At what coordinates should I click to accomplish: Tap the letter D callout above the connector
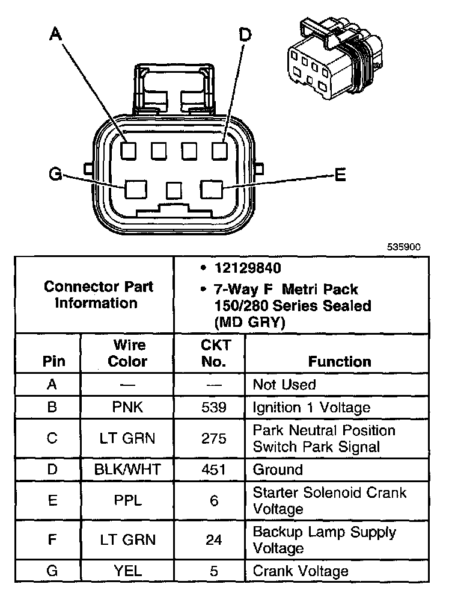pos(245,36)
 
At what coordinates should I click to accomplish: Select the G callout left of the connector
pos(55,175)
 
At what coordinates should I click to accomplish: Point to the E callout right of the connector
pos(340,175)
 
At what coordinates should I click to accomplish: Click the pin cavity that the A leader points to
pos(127,150)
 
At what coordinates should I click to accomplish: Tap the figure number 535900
pos(403,246)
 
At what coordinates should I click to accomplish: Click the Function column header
pos(340,361)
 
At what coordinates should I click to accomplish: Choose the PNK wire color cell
pos(127,408)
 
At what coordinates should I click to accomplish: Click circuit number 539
pos(213,408)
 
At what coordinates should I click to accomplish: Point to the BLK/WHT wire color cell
pos(127,470)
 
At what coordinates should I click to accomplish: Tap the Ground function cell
pos(278,470)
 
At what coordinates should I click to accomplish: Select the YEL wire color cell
pos(127,571)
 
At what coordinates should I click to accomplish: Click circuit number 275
pos(213,438)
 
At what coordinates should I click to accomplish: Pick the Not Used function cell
pos(284,385)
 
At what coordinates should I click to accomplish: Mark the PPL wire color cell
pos(127,500)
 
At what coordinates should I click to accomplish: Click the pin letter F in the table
pos(52,540)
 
